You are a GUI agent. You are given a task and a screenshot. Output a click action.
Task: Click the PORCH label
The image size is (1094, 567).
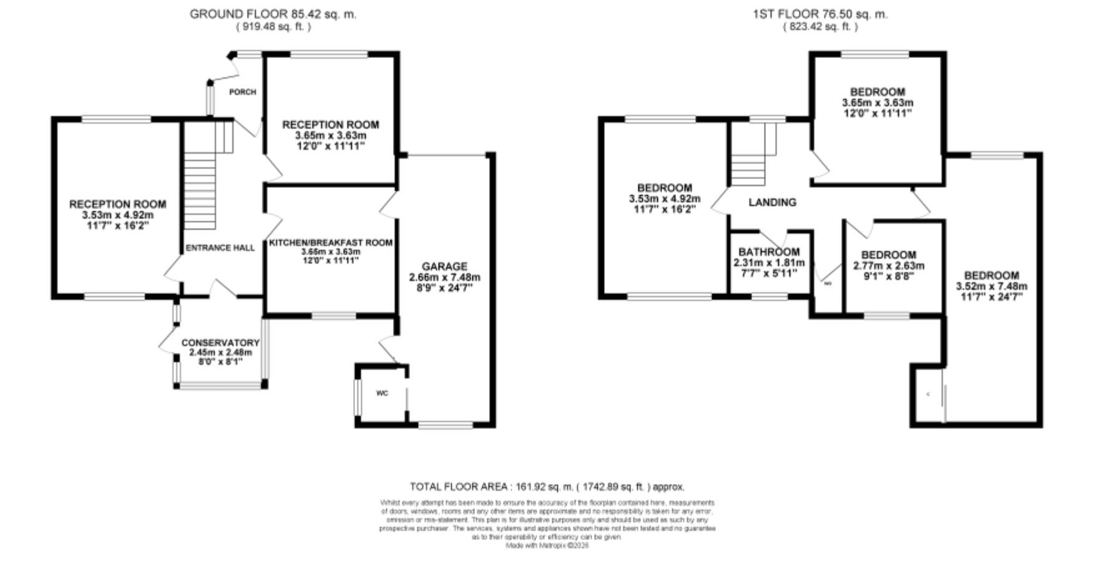pos(243,92)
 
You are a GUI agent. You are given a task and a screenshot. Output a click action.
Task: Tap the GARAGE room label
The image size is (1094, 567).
pos(444,267)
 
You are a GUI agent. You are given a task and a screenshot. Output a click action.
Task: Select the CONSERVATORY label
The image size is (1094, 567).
pos(220,343)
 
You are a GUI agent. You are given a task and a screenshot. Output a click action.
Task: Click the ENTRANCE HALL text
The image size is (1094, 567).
pos(220,248)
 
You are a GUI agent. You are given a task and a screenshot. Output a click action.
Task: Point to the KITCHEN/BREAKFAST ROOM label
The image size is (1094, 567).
pos(331,242)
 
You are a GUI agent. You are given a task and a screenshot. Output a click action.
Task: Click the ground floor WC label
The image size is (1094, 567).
pos(382,393)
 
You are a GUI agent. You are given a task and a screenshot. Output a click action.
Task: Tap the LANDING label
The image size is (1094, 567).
pos(772,202)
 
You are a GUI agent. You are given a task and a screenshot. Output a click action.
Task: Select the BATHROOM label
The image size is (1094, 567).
pos(769,252)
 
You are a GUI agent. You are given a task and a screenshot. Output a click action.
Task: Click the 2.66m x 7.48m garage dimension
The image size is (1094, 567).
pos(444,277)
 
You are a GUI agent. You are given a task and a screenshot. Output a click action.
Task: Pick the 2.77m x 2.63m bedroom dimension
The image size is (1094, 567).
pos(889,265)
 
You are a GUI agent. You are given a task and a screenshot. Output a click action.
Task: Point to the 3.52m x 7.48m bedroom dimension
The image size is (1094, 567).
pos(991,287)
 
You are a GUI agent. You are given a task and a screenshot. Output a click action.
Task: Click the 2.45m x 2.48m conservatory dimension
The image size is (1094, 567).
pos(220,353)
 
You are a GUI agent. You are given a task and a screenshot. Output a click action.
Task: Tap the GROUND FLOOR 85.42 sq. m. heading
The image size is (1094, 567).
pos(273,14)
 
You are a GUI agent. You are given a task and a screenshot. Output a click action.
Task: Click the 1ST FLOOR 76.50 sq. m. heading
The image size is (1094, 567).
pos(819,14)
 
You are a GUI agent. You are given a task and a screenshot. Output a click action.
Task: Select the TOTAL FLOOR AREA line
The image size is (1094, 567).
pos(547,486)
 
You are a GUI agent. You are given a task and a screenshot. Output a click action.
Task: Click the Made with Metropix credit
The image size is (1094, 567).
pos(547,545)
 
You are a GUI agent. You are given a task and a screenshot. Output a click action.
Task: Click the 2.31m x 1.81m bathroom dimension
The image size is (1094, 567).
pos(769,263)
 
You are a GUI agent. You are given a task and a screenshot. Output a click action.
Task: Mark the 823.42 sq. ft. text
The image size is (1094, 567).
pos(819,27)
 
